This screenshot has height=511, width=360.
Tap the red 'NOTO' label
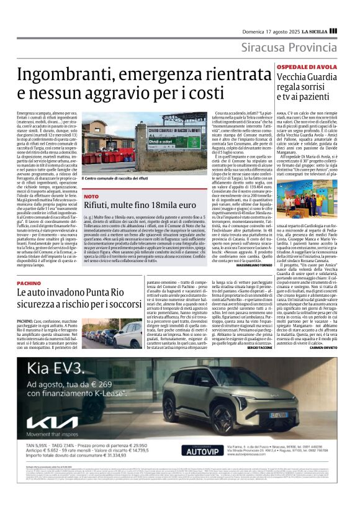(x=91, y=196)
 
